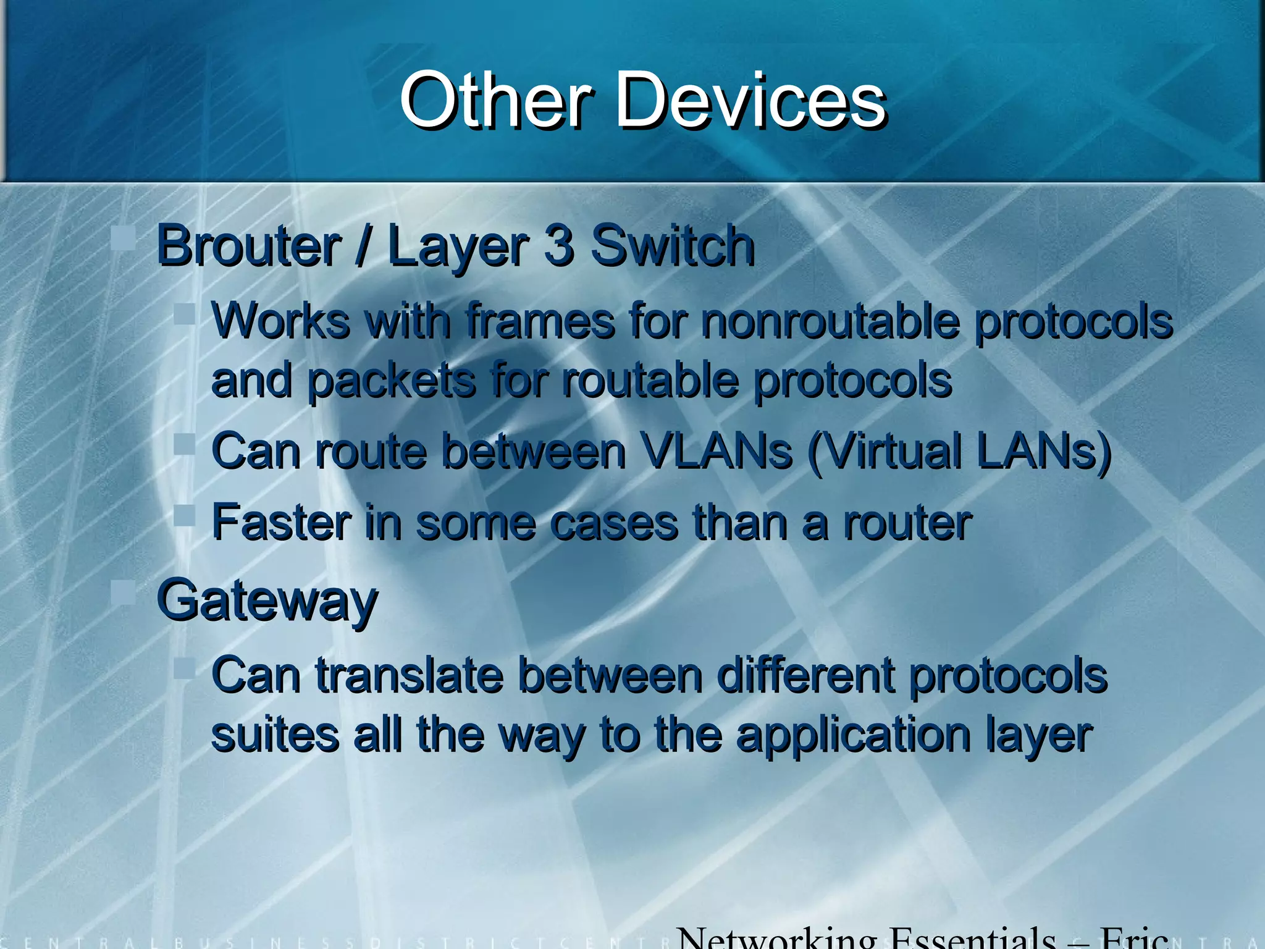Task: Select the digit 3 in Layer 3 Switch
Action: (x=559, y=246)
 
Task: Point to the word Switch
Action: (x=673, y=246)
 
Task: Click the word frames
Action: (x=540, y=321)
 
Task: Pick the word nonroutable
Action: (x=831, y=321)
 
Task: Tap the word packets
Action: (x=391, y=381)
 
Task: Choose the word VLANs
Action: (x=716, y=451)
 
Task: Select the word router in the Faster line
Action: (x=907, y=523)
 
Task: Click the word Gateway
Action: (x=267, y=602)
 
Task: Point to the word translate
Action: (x=410, y=675)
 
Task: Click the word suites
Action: (x=275, y=735)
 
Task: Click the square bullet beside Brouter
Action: (x=124, y=238)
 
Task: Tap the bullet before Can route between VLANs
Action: (x=185, y=444)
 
